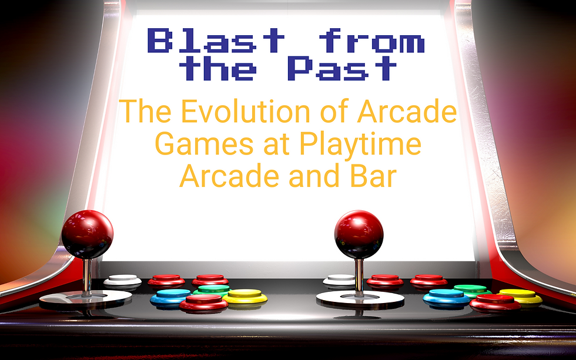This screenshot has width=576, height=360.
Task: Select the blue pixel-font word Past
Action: click(342, 68)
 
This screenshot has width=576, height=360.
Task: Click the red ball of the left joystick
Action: click(87, 234)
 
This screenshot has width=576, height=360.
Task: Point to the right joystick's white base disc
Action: click(360, 298)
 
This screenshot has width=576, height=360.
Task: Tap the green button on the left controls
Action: click(213, 290)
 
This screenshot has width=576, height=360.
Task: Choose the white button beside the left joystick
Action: click(123, 281)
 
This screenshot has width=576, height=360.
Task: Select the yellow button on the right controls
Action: click(520, 295)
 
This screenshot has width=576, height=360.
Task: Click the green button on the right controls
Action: click(471, 290)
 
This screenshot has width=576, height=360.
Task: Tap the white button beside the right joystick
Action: click(340, 280)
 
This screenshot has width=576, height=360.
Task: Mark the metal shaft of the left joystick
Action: click(87, 274)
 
